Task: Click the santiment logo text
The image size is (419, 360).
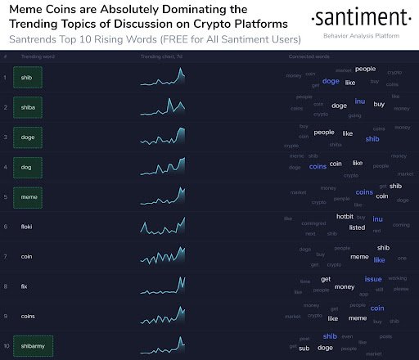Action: click(x=360, y=19)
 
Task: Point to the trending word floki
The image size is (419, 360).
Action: click(x=38, y=226)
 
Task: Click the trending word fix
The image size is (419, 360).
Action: click(x=35, y=286)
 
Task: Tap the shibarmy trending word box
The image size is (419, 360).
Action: click(x=41, y=345)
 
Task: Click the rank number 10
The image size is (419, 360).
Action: click(x=7, y=345)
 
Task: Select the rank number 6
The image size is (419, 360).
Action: click(x=7, y=226)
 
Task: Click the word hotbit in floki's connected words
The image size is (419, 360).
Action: click(x=345, y=217)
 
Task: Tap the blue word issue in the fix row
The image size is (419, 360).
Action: click(x=373, y=279)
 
